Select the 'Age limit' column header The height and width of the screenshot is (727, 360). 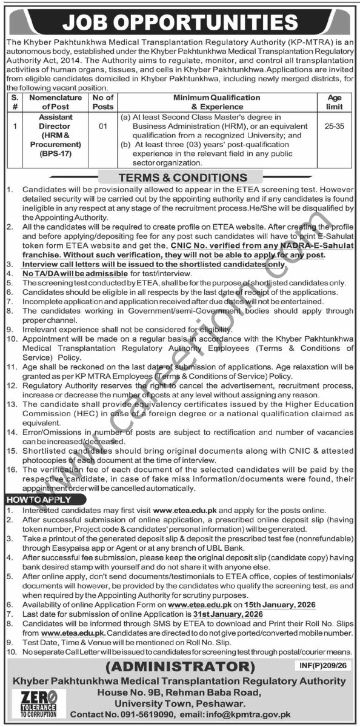click(x=334, y=102)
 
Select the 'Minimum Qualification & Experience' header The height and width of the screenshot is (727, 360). click(x=216, y=102)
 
